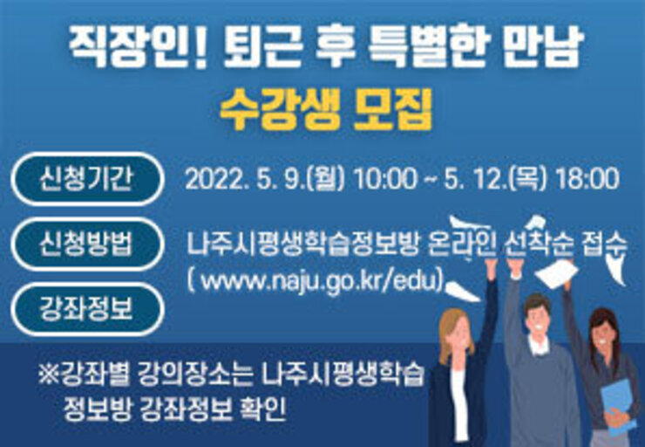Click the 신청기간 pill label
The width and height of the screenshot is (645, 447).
87,179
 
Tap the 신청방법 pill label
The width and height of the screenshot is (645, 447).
87,244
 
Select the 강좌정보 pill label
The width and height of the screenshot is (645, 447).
87,308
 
